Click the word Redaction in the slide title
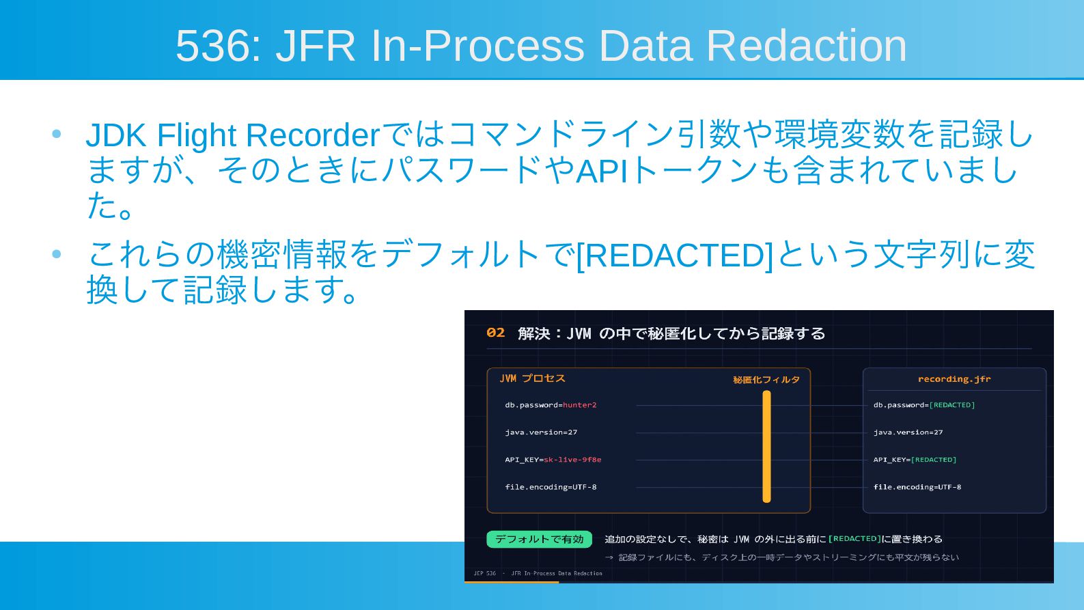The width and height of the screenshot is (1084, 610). [x=806, y=46]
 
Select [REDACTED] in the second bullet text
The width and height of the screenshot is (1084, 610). [x=675, y=255]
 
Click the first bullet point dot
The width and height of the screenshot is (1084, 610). [x=57, y=134]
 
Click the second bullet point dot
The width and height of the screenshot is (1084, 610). [x=57, y=253]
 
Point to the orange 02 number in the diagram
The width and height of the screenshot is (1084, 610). [x=495, y=333]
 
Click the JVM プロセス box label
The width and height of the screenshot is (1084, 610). [x=532, y=378]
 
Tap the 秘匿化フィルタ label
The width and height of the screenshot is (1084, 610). [x=766, y=380]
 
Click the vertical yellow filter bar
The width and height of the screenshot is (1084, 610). [x=766, y=446]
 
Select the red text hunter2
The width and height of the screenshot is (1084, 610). [x=579, y=405]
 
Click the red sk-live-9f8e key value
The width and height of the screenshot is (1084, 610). [x=572, y=460]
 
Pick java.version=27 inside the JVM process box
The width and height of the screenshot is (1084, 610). [x=541, y=432]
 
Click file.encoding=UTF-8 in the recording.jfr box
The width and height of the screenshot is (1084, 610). [x=917, y=487]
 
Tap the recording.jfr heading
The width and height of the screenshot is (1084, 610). [x=954, y=379]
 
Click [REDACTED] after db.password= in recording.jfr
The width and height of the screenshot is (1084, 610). [x=952, y=405]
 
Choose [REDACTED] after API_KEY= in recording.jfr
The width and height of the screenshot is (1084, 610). [x=934, y=460]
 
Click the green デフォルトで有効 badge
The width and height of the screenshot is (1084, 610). [x=539, y=540]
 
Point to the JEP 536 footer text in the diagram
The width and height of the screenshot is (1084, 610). [x=484, y=573]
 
